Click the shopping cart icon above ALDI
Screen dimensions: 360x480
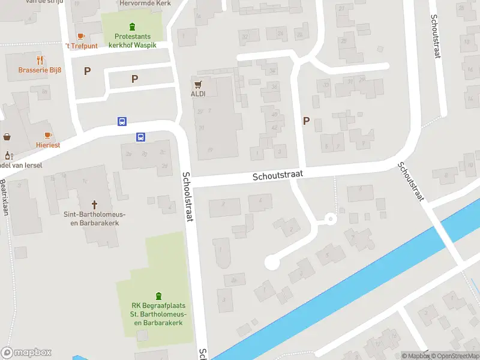point(198,83)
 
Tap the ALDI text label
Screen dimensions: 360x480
point(199,94)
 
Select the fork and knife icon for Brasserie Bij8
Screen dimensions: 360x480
point(40,60)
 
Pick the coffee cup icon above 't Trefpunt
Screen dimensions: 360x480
point(81,36)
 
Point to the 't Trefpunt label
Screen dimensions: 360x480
point(82,46)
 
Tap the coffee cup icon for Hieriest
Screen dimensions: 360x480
point(48,135)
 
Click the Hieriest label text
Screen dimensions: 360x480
point(47,145)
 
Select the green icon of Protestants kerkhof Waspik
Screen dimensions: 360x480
point(132,26)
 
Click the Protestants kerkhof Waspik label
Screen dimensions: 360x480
point(132,40)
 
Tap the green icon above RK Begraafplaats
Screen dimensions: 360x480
point(158,295)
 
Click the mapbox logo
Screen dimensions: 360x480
point(26,353)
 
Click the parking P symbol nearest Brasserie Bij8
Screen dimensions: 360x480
point(87,71)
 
